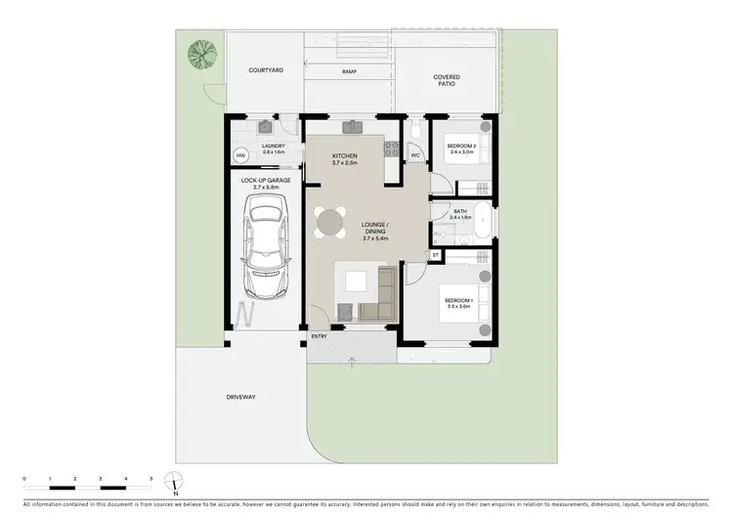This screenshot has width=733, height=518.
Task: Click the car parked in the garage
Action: (268, 246)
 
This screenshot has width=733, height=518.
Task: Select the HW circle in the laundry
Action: (240, 156)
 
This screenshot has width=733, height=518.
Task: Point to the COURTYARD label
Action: (266, 71)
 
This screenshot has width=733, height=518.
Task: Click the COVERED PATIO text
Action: (447, 81)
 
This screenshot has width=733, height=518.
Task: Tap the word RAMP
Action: (348, 72)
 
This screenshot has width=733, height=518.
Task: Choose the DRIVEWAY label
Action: (240, 397)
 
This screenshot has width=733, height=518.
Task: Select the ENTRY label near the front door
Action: (319, 337)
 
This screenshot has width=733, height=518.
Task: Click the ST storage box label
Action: (435, 255)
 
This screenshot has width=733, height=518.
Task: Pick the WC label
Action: (415, 155)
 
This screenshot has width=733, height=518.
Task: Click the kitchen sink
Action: (352, 127)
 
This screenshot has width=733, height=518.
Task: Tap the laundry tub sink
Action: (264, 127)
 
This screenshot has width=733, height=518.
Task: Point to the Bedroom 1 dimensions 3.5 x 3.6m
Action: (457, 307)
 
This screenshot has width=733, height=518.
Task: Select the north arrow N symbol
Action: (174, 482)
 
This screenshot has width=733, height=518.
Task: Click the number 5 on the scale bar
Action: (151, 478)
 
